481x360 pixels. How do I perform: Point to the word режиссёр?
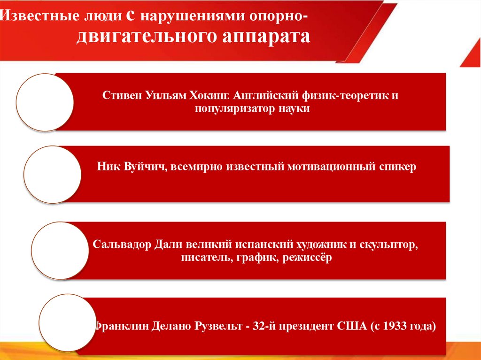(x=307, y=258)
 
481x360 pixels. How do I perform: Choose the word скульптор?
(x=388, y=245)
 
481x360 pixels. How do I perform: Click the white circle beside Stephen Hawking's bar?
(x=45, y=102)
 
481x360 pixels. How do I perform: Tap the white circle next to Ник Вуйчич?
(x=52, y=174)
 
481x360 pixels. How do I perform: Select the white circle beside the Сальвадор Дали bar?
(x=60, y=251)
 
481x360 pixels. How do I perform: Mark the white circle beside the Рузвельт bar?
(x=67, y=323)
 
